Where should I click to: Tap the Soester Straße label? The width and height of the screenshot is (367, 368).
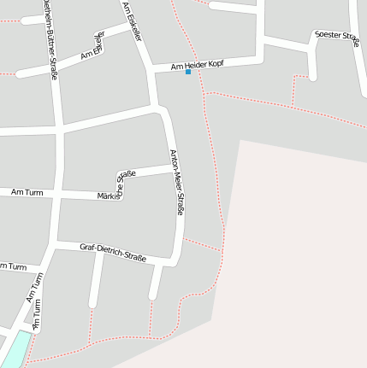pos(336,36)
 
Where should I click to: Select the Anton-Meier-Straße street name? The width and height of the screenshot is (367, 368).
pos(177,182)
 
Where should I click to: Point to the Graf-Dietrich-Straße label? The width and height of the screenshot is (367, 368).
pos(113,252)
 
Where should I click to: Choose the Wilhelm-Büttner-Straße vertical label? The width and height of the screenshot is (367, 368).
pos(50,38)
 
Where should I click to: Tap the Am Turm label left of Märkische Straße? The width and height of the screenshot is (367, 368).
pos(27,194)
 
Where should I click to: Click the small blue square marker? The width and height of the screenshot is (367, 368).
pos(188,72)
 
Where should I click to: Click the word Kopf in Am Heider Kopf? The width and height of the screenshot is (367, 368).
pos(215,61)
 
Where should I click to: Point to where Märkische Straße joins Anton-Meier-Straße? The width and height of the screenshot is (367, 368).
pos(172,168)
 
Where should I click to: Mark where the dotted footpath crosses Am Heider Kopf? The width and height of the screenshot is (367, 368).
pos(199,63)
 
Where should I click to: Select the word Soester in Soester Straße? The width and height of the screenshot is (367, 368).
pos(328,37)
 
